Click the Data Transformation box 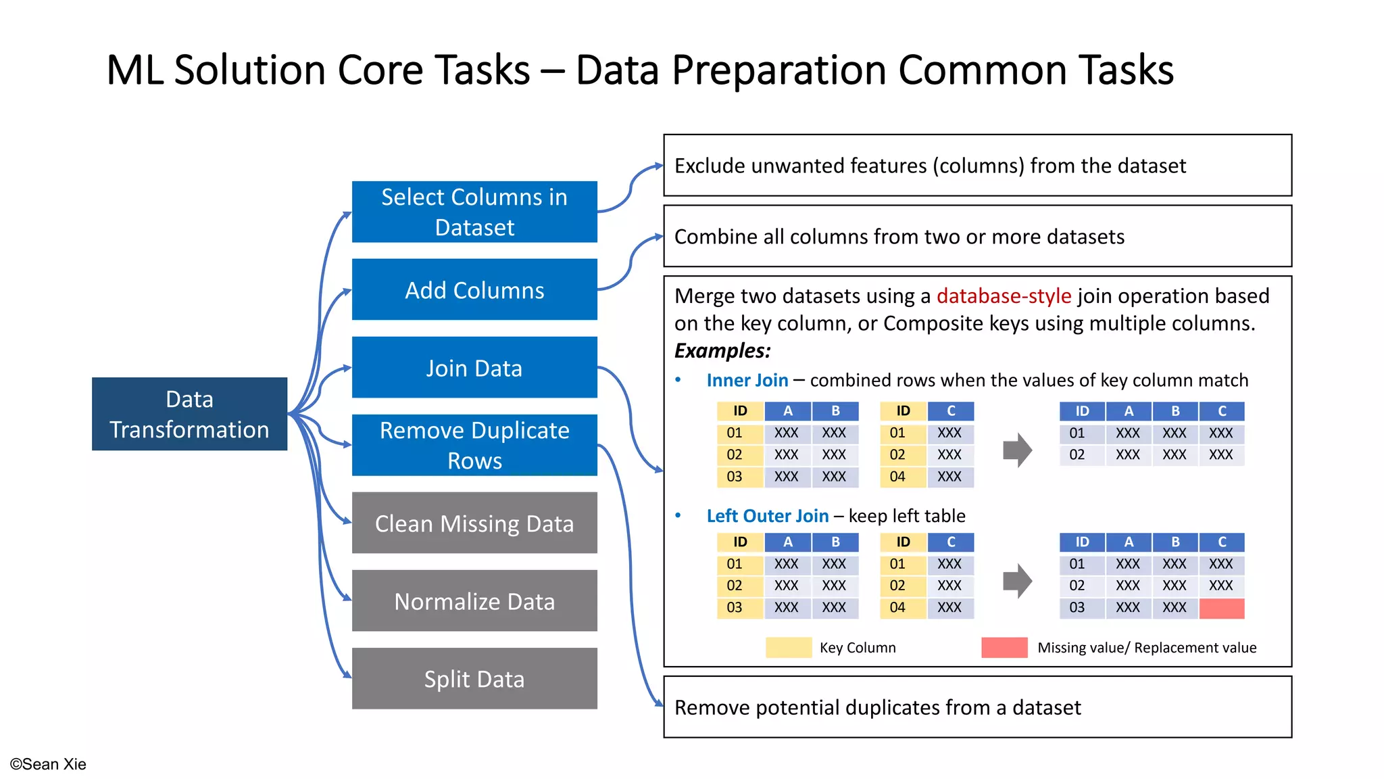point(189,414)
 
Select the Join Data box point(474,368)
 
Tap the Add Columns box point(474,289)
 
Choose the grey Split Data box point(474,678)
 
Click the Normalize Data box point(474,600)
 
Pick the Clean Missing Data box point(474,523)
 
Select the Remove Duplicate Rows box point(474,445)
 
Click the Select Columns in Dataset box point(474,212)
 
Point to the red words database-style point(1004,296)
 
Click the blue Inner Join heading point(747,380)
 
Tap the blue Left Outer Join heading point(767,516)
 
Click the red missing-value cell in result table point(1221,608)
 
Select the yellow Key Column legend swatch point(788,647)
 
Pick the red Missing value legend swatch point(1004,647)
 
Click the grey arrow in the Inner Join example point(1017,450)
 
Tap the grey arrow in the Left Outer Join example point(1017,580)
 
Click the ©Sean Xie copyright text point(48,764)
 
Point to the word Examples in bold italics point(722,350)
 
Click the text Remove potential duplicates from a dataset point(877,707)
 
